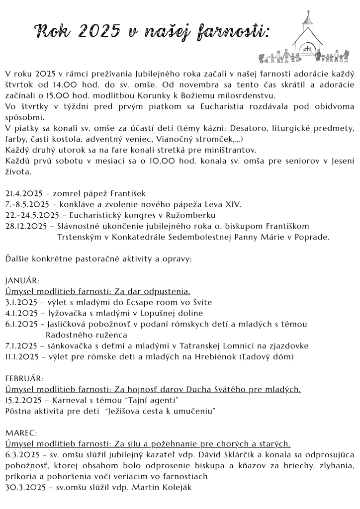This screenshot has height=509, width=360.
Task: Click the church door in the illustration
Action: (x=308, y=50)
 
